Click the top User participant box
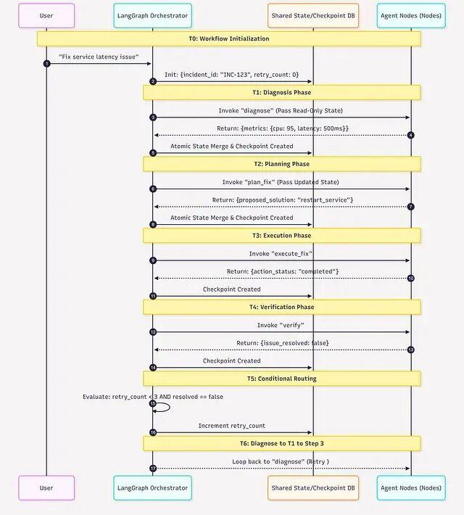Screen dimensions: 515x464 pos(46,15)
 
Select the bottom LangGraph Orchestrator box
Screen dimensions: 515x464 pos(152,487)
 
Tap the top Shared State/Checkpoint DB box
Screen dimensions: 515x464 pos(313,15)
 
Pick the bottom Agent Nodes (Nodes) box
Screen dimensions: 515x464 pos(411,487)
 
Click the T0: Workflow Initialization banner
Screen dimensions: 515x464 pos(229,38)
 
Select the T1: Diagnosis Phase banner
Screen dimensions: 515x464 pos(281,92)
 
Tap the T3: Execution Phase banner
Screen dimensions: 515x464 pos(281,235)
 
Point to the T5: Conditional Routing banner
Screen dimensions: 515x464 pos(281,378)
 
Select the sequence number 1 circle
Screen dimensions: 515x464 pos(47,64)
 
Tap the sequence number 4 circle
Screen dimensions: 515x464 pos(410,135)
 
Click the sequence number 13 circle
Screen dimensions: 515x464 pos(410,350)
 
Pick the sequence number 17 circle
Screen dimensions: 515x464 pos(153,468)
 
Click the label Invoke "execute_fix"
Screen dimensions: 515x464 pos(281,253)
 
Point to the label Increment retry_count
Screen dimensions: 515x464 pos(232,426)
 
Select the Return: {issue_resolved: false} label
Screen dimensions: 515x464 pos(281,343)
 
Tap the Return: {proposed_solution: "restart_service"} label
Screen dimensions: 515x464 pos(281,199)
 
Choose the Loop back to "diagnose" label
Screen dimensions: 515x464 pos(281,461)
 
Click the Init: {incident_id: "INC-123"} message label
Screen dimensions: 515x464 pos(232,75)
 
